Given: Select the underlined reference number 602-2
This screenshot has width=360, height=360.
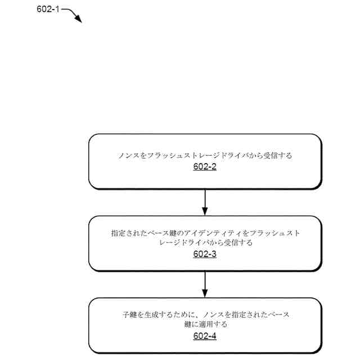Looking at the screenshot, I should (x=205, y=167).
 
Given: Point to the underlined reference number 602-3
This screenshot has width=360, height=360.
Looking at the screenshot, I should (x=205, y=254).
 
